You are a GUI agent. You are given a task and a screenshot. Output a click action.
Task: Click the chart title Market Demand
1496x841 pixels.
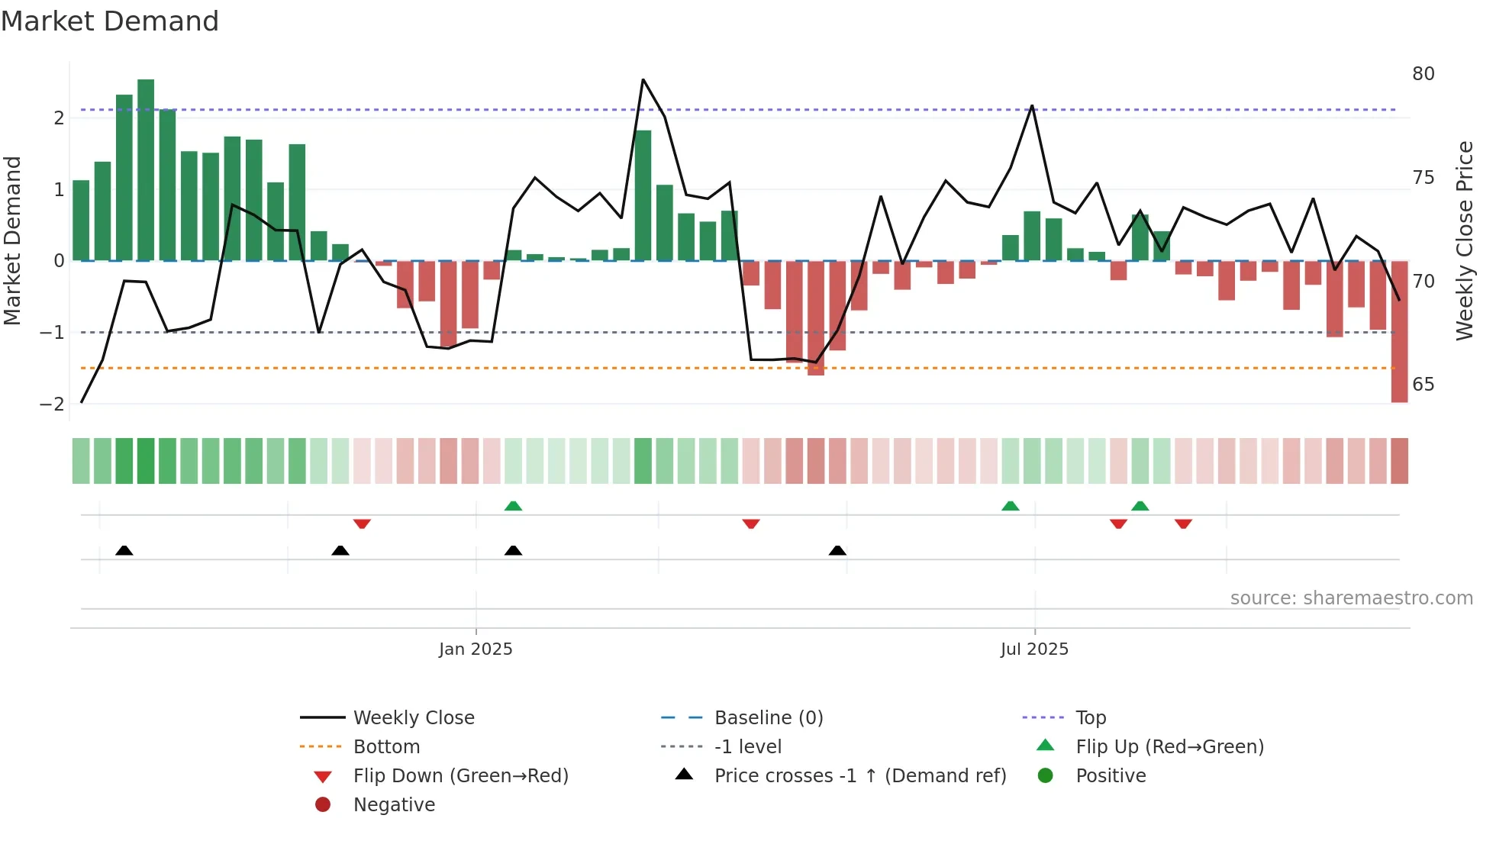(x=110, y=21)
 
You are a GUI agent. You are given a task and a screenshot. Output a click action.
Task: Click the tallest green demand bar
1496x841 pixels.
(x=146, y=169)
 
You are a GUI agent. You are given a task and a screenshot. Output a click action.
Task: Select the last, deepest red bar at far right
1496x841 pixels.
(x=1399, y=331)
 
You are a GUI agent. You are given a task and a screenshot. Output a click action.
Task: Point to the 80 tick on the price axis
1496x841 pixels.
(x=1423, y=74)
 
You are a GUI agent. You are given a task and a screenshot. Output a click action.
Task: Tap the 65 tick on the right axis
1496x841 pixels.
(x=1423, y=385)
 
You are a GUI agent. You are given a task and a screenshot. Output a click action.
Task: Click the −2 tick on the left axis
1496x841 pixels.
(x=52, y=404)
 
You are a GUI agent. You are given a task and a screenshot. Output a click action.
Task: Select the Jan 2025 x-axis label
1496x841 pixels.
(x=476, y=649)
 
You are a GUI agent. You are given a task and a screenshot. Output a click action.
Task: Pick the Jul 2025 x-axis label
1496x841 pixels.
(x=1034, y=649)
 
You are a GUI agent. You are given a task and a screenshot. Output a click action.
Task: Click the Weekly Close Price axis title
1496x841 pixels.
(x=1464, y=240)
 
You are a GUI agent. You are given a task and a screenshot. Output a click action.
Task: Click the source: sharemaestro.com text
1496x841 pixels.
(x=1351, y=598)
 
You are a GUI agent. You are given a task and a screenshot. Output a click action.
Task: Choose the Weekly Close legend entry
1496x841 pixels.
(x=413, y=718)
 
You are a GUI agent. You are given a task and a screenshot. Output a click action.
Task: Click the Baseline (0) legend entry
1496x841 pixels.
(x=768, y=718)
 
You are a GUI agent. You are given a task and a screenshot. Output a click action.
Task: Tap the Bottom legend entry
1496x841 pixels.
(x=386, y=747)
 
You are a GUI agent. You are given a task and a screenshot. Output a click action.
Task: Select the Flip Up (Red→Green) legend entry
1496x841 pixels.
(x=1169, y=747)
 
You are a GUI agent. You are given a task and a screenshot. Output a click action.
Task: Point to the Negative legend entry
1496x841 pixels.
(x=394, y=805)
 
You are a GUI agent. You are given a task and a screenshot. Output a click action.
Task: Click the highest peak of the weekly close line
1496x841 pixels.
(x=643, y=79)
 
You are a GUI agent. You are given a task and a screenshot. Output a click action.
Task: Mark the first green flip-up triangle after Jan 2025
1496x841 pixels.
(x=514, y=506)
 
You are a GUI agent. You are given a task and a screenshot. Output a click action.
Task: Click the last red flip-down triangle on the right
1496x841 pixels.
(x=1183, y=524)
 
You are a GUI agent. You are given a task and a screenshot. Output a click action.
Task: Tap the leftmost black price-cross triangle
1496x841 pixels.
(x=124, y=550)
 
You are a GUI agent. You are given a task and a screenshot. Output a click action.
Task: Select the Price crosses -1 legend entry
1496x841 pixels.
(x=859, y=776)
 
